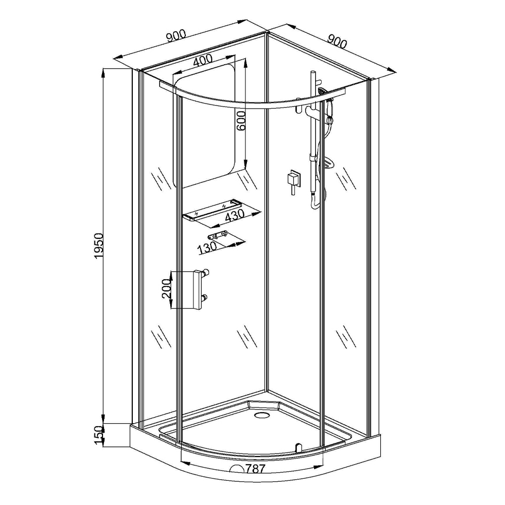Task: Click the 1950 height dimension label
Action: point(98,245)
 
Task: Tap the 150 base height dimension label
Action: point(98,434)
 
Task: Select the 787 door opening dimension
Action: point(255,469)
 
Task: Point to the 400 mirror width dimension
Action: point(203,60)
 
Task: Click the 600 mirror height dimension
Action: point(241,121)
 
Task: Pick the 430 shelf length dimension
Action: point(235,215)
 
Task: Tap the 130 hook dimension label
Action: point(207,248)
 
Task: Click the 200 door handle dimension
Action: point(166,288)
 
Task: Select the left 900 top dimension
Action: point(176,36)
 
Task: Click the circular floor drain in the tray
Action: point(261,415)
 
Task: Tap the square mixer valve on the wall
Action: point(293,178)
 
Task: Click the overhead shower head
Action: point(322,90)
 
